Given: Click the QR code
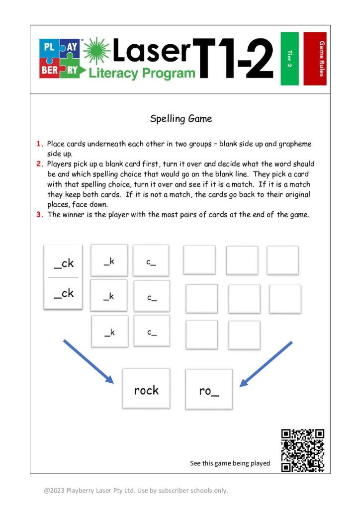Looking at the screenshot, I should pyautogui.click(x=302, y=450).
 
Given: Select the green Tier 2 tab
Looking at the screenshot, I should pyautogui.click(x=289, y=59).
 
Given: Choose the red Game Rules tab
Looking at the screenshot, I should pyautogui.click(x=315, y=59).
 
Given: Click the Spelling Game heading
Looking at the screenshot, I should pyautogui.click(x=181, y=119).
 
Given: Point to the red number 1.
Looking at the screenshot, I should pyautogui.click(x=39, y=144).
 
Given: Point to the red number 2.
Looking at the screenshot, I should pyautogui.click(x=39, y=164).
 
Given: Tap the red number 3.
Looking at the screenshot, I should pyautogui.click(x=39, y=214).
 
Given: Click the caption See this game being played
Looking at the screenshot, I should pyautogui.click(x=230, y=463).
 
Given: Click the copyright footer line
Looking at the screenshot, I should pyautogui.click(x=136, y=490).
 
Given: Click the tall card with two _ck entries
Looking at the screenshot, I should pyautogui.click(x=63, y=277).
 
